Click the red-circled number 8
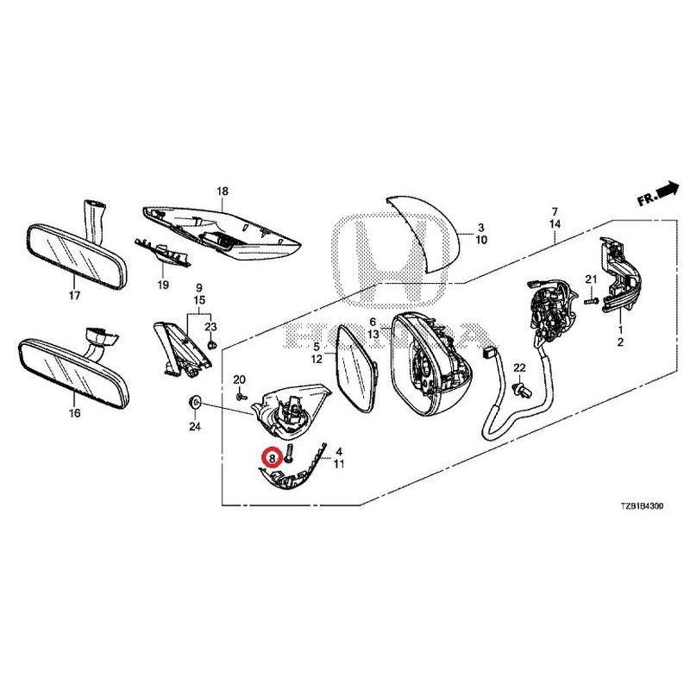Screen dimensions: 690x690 (272, 458)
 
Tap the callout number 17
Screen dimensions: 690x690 (74, 296)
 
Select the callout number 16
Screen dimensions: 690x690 (74, 413)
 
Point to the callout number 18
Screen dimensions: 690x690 (222, 191)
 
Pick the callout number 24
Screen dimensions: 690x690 (194, 427)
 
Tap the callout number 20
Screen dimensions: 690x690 (240, 380)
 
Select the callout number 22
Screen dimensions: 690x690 (519, 368)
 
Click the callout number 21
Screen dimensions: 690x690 (591, 279)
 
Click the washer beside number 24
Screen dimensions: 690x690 (194, 403)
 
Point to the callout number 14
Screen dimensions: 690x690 (555, 223)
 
